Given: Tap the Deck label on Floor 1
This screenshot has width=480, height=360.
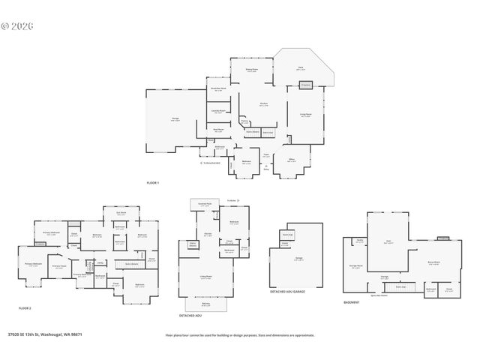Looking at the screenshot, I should pyautogui.click(x=300, y=67).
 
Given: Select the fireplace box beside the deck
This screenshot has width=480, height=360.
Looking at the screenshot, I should pyautogui.click(x=306, y=85).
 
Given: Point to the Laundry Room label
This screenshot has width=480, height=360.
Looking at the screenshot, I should pyautogui.click(x=217, y=112).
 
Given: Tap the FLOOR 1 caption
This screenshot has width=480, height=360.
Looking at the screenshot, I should pyautogui.click(x=153, y=183).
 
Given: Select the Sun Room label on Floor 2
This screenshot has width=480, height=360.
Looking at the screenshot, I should pyautogui.click(x=121, y=213).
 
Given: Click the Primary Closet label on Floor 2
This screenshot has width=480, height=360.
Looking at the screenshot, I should pyautogui.click(x=58, y=266).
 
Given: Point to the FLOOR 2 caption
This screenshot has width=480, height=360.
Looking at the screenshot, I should pyautogui.click(x=25, y=308).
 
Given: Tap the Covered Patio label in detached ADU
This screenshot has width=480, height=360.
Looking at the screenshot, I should pyautogui.click(x=203, y=202).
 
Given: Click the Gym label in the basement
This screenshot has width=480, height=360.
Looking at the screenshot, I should pyautogui.click(x=388, y=241).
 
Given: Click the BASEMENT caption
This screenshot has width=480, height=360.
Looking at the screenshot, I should pyautogui.click(x=352, y=302).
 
